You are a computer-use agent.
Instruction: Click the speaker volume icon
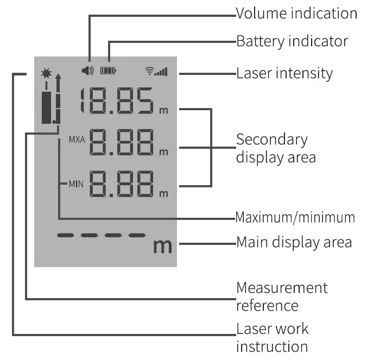(x=87, y=70)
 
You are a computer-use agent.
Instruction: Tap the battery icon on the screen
(x=108, y=70)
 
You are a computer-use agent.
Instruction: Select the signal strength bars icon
(x=157, y=71)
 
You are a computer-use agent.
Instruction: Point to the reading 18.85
(x=116, y=102)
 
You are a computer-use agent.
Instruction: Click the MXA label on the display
(x=77, y=140)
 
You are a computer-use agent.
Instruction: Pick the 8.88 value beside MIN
(x=121, y=185)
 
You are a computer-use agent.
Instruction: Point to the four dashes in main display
(x=102, y=236)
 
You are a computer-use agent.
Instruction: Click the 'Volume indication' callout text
(x=296, y=14)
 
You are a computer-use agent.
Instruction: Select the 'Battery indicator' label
(x=292, y=41)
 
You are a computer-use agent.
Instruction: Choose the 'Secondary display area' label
(x=275, y=148)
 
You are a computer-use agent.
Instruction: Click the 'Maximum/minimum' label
(x=295, y=218)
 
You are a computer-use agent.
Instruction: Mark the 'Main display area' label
(x=294, y=242)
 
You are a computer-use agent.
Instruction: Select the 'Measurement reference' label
(x=282, y=296)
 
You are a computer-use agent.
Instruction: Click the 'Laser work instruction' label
(x=272, y=337)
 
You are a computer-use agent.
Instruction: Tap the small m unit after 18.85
(x=163, y=111)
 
